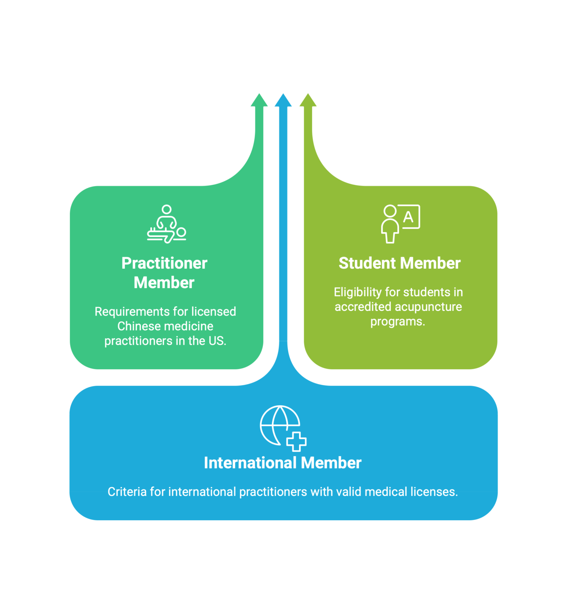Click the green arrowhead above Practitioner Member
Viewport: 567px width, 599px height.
259,100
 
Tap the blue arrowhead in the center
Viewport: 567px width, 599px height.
283,100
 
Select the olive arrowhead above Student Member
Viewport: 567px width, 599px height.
308,100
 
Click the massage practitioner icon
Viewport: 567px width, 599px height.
167,224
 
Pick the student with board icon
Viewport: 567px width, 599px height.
401,224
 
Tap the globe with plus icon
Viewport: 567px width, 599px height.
283,428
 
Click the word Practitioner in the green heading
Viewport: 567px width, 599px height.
164,263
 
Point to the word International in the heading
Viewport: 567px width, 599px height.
250,463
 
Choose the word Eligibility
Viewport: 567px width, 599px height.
358,292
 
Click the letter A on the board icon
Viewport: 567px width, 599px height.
408,216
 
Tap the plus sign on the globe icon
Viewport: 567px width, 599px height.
296,441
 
